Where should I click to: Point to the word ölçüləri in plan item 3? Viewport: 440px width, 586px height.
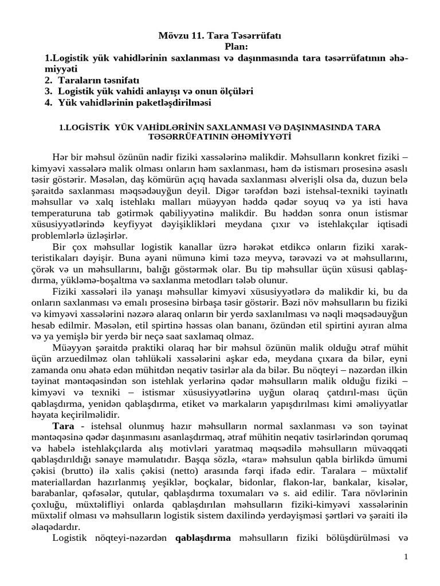235,92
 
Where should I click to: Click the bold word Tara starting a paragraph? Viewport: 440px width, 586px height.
63,426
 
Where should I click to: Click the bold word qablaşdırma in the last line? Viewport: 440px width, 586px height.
202,537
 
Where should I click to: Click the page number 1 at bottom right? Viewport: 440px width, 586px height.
405,557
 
